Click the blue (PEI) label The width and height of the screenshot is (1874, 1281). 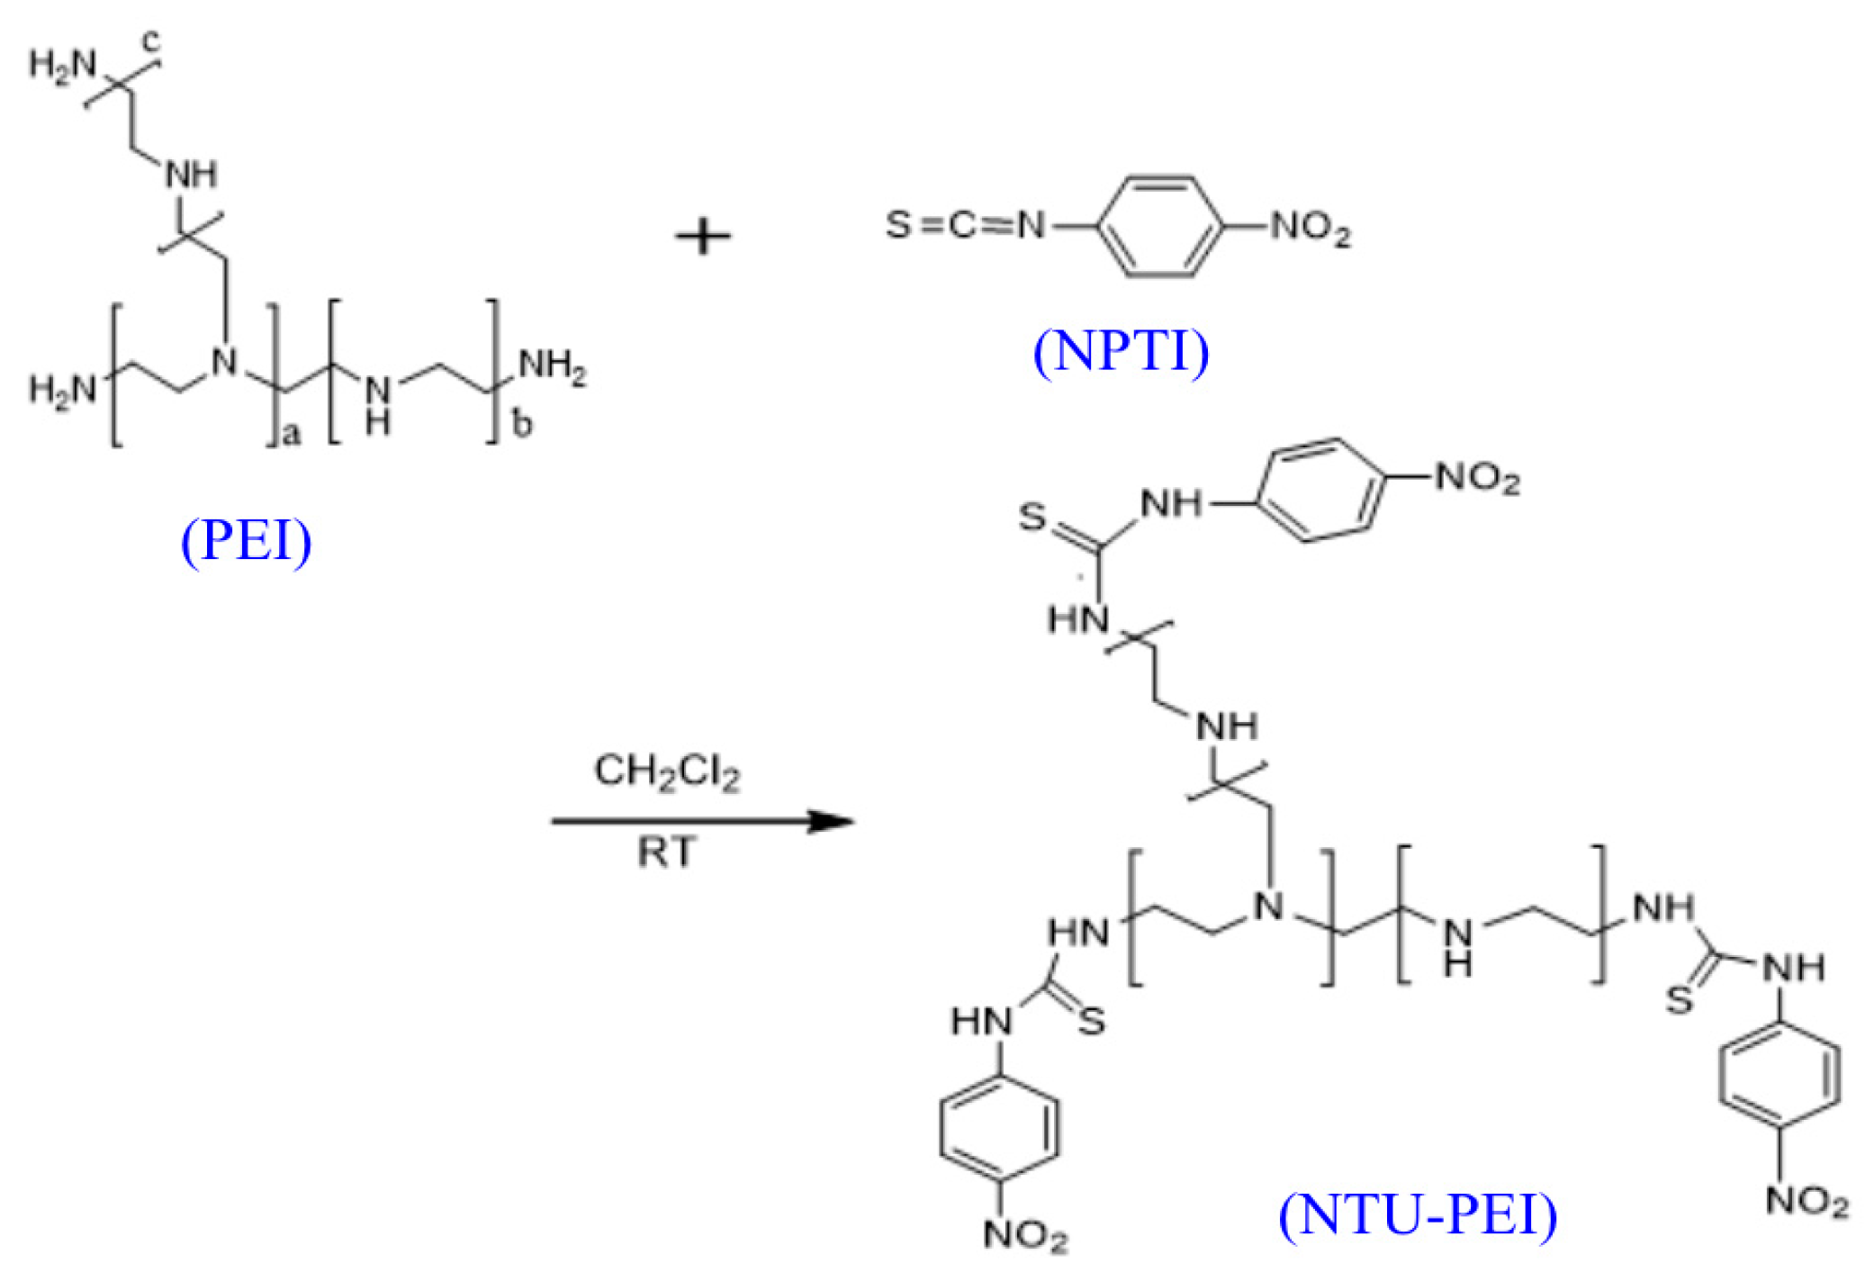pyautogui.click(x=247, y=540)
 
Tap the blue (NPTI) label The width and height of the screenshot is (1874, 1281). pyautogui.click(x=1122, y=350)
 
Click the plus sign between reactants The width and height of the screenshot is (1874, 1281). pyautogui.click(x=703, y=238)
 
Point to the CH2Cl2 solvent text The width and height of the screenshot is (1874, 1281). pyautogui.click(x=667, y=772)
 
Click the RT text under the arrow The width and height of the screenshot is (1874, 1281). pyautogui.click(x=667, y=852)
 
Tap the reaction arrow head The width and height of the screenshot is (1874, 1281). pyautogui.click(x=832, y=821)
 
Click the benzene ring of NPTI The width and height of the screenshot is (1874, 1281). pyautogui.click(x=1160, y=225)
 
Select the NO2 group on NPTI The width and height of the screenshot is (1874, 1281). pyautogui.click(x=1311, y=228)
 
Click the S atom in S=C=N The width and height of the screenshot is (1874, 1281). pyautogui.click(x=898, y=224)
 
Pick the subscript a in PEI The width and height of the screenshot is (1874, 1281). pyautogui.click(x=292, y=435)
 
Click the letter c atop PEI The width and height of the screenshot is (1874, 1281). pyautogui.click(x=152, y=40)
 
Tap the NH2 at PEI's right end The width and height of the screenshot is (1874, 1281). pyautogui.click(x=553, y=366)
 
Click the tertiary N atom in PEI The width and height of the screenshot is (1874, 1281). pyautogui.click(x=224, y=362)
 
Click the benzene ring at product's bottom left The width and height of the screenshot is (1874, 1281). pyautogui.click(x=999, y=1127)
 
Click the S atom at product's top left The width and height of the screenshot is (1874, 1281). pyautogui.click(x=1032, y=517)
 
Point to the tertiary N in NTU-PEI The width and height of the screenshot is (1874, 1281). pyautogui.click(x=1269, y=906)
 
